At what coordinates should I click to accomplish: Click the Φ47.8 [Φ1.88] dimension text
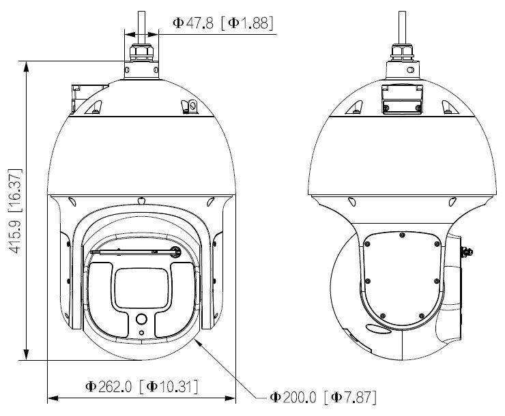pos(222,23)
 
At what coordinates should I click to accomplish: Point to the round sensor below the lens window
pos(141,319)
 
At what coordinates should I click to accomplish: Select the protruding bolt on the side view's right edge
pos(468,251)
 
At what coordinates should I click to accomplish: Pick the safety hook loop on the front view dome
pos(190,106)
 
